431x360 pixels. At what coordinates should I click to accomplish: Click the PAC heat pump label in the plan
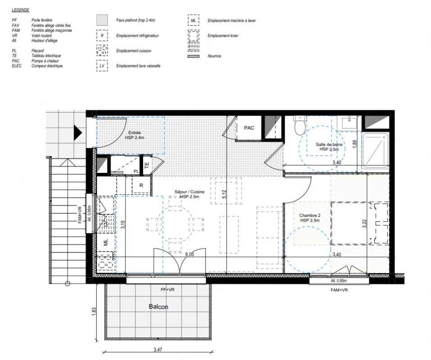click(x=249, y=128)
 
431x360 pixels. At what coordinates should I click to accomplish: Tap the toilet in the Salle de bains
click(x=300, y=126)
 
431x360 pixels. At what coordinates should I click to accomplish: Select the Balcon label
click(x=158, y=306)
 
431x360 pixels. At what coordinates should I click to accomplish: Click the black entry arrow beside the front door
click(x=78, y=133)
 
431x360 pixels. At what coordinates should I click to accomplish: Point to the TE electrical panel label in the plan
click(x=147, y=165)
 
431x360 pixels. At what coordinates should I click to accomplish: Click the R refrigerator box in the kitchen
click(x=141, y=185)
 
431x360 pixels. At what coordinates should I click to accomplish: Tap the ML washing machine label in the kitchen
click(x=106, y=242)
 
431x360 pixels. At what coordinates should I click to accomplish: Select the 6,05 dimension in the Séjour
click(x=189, y=254)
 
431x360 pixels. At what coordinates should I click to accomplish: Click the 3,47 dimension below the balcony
click(x=158, y=350)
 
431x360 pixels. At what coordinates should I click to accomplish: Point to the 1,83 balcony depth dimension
click(x=94, y=311)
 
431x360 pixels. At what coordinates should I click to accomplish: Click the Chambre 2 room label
click(x=310, y=216)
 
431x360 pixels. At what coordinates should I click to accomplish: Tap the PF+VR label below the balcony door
click(x=168, y=290)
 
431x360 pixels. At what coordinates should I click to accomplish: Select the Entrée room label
click(x=135, y=133)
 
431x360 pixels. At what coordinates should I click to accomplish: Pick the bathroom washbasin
click(x=349, y=123)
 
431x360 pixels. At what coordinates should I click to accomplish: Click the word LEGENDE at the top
click(x=20, y=10)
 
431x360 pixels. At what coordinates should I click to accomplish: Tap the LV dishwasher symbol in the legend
click(x=102, y=66)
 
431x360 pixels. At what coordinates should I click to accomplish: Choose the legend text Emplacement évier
click(x=223, y=36)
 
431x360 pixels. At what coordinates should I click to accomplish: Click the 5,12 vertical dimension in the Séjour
click(x=224, y=194)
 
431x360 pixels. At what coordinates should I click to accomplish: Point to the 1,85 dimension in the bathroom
click(x=355, y=144)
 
